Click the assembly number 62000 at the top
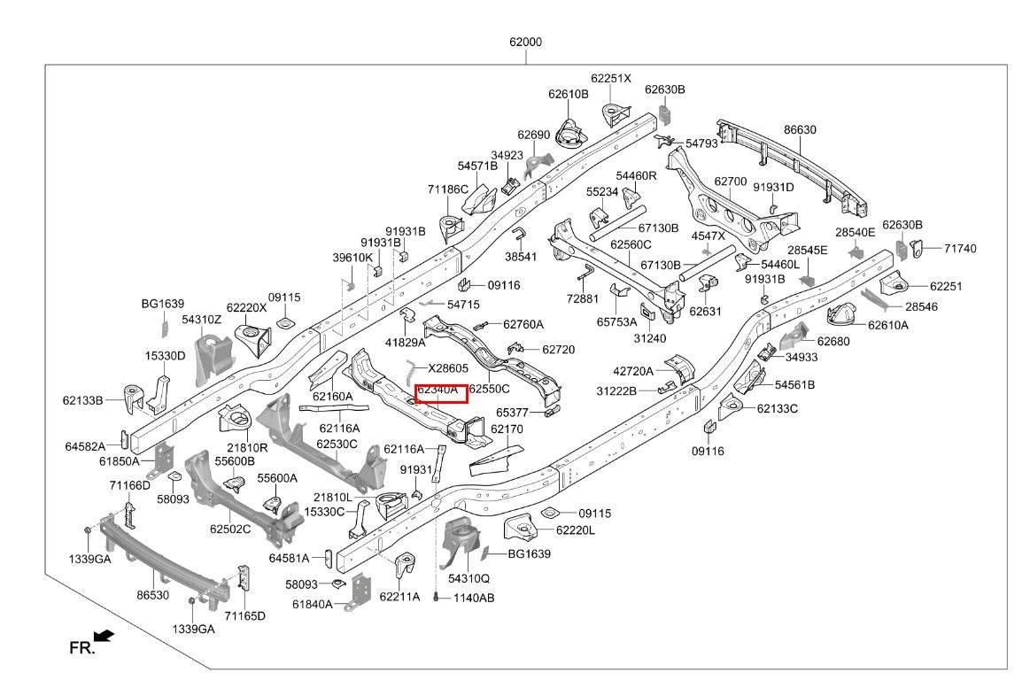coord(525,42)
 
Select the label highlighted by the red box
coord(438,390)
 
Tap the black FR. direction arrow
coord(104,636)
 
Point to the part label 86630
coord(800,130)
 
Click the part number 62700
coord(731,182)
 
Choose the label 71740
coord(960,248)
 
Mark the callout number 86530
coord(153,595)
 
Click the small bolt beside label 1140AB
coord(436,598)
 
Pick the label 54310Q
coord(469,578)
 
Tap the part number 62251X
coord(611,79)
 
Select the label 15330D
coord(166,356)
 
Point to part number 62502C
coord(230,529)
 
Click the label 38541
coord(521,257)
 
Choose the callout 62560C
coord(631,245)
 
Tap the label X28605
coord(448,368)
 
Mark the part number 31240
coord(650,338)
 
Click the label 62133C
coord(777,408)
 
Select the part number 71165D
coord(245,615)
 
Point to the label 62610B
coord(569,94)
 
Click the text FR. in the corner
coord(82,649)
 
